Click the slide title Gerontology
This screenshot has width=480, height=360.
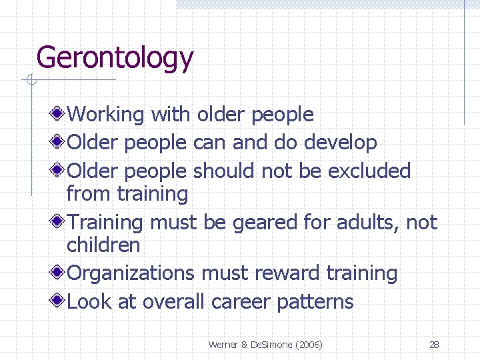tap(115, 58)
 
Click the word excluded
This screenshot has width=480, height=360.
tap(369, 171)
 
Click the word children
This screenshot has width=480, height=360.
tap(103, 245)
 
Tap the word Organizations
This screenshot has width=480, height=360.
tap(131, 273)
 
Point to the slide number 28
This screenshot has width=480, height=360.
tap(434, 345)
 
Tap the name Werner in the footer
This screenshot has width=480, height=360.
tap(223, 345)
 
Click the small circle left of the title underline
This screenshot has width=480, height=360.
tap(30, 81)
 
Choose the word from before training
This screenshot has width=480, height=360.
tap(89, 194)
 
